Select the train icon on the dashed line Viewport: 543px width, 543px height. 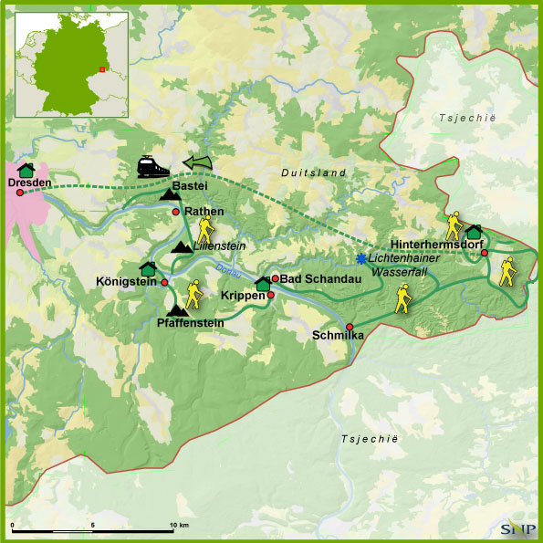(152, 166)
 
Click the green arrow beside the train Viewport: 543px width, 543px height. (196, 162)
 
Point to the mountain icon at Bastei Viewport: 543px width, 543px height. (170, 193)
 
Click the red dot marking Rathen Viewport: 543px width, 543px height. (176, 212)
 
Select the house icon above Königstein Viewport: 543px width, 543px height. (148, 268)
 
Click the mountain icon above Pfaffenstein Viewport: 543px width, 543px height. (178, 310)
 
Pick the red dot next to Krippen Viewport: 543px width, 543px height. (270, 295)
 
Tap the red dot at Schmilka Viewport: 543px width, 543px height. (350, 327)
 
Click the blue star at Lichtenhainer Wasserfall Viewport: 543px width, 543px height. (361, 258)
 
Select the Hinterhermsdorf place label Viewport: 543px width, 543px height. (434, 245)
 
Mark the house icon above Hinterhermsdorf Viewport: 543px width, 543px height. (473, 232)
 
